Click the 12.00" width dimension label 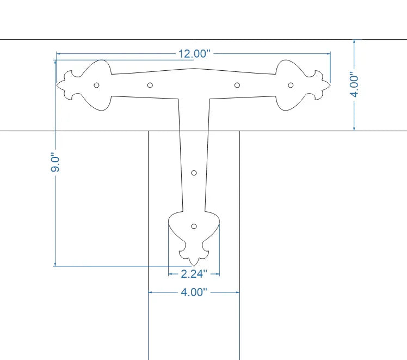(194, 54)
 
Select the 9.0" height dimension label (55, 162)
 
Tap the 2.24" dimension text (194, 274)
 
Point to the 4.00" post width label (194, 292)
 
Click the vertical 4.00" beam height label (354, 84)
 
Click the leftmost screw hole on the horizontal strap (96, 85)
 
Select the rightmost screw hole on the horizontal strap (291, 85)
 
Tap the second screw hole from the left (150, 85)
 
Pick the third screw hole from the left (237, 85)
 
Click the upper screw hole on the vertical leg (194, 173)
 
